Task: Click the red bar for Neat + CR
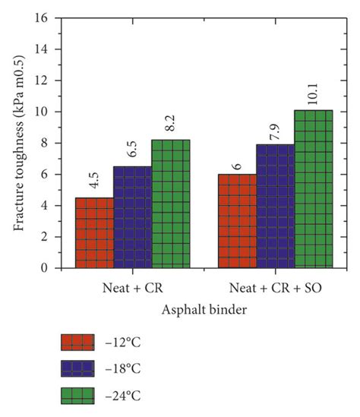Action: [94, 232]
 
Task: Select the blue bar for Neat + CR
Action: [132, 217]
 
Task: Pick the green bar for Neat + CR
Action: [170, 204]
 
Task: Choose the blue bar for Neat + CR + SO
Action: [275, 206]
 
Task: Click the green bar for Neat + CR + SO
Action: [314, 189]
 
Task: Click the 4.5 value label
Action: [94, 182]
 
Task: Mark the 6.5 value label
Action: [132, 150]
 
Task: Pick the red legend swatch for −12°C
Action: [77, 343]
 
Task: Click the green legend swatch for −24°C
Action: [77, 396]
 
